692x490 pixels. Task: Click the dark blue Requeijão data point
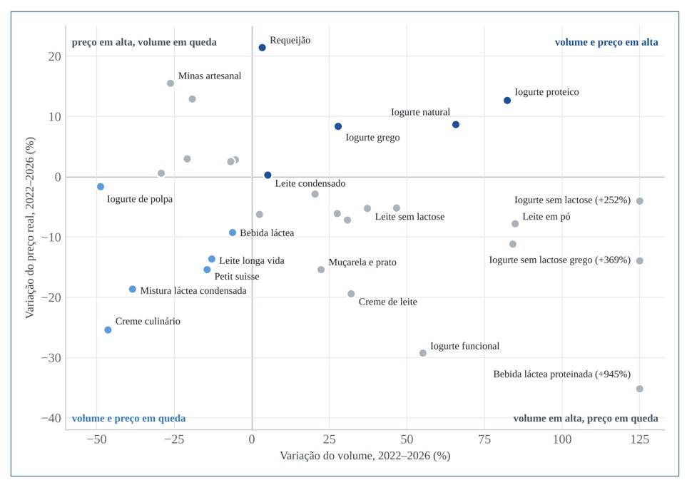(262, 48)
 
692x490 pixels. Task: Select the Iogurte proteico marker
(507, 101)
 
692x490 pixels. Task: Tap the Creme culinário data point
(108, 330)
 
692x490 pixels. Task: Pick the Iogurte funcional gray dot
(423, 353)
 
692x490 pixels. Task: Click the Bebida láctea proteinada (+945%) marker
(639, 389)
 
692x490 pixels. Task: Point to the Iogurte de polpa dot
(101, 187)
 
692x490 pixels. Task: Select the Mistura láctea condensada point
(133, 290)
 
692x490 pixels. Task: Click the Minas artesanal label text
(210, 76)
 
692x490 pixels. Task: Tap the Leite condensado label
(310, 183)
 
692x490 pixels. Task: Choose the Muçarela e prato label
(362, 262)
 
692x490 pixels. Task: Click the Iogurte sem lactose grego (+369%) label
(559, 260)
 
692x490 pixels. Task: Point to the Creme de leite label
(387, 302)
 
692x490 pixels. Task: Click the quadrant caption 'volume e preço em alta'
(606, 42)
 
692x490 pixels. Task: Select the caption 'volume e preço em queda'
(128, 418)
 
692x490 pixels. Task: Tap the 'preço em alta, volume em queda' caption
(144, 42)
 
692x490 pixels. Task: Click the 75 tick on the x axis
(484, 439)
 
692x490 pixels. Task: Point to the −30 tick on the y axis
(51, 357)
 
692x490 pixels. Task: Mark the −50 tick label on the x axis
(96, 439)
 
